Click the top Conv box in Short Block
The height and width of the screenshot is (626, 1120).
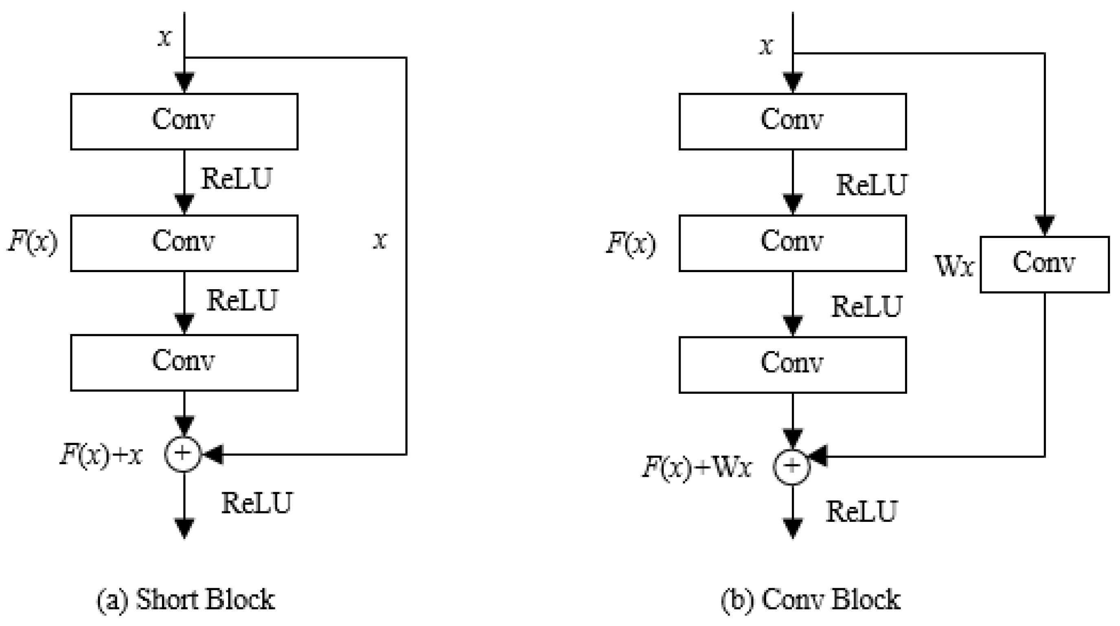point(184,121)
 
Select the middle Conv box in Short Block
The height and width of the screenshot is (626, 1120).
point(184,243)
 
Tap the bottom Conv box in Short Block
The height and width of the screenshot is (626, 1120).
point(184,363)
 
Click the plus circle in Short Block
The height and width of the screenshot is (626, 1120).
point(183,454)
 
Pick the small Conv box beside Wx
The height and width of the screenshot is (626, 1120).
point(1044,264)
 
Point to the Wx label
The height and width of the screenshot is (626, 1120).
point(954,266)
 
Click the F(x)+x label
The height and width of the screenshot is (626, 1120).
point(101,455)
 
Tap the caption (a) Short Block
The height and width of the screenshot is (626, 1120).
point(186,600)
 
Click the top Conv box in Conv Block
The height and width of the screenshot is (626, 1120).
point(792,121)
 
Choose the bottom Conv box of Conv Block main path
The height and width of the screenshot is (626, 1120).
point(792,364)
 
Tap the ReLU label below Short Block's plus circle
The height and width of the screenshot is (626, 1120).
point(256,504)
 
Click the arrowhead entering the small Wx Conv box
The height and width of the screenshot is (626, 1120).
point(1045,225)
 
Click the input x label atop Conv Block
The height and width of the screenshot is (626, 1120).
point(767,46)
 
